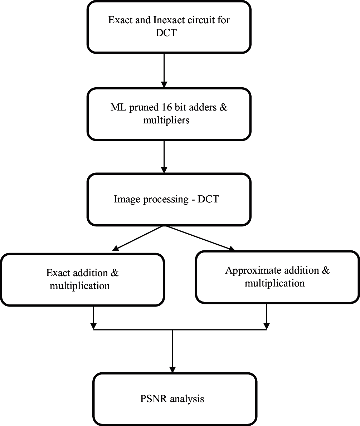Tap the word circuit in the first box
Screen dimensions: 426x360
[x=198, y=20]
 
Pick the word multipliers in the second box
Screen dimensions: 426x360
[x=166, y=120]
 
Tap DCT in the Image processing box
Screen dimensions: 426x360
[x=207, y=199]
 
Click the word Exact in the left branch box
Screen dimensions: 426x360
[x=58, y=273]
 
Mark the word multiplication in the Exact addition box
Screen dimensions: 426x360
[x=79, y=286]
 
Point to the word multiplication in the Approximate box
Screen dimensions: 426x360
[x=274, y=283]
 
